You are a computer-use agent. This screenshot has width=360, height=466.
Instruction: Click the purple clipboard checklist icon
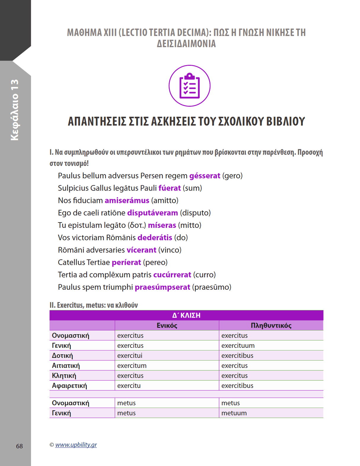pos(189,86)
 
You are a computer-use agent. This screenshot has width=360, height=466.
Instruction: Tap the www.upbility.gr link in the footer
pos(76,445)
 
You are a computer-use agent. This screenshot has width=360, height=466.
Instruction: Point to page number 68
pos(19,446)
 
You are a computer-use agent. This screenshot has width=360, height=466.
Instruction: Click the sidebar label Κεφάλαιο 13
pos(15,110)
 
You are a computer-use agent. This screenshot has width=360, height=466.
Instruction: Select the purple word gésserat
pos(205,176)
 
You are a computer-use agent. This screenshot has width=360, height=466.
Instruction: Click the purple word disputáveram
pos(152,213)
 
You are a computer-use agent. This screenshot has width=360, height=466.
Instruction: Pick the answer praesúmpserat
pos(162,287)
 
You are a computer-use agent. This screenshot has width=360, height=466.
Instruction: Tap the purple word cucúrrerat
pos(172,275)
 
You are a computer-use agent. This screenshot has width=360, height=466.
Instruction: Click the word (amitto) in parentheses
pos(165,201)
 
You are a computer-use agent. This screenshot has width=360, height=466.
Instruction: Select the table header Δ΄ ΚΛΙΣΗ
pos(186,315)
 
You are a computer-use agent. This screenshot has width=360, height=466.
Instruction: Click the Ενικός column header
pos(167,326)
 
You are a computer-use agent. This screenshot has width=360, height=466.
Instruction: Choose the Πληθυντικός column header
pos(271,326)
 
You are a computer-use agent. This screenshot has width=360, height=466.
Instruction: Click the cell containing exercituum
pos(238,345)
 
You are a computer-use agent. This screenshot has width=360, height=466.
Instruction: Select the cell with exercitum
pos(132,366)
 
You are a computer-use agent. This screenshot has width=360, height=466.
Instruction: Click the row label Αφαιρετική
pos(69,386)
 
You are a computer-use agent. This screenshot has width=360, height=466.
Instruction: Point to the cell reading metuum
pos(234,413)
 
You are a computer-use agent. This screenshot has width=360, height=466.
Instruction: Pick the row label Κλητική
pos(64,376)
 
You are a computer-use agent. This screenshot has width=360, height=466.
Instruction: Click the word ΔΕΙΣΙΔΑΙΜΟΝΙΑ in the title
pos(186,44)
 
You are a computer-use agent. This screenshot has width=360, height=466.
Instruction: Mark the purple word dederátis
pos(155,238)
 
